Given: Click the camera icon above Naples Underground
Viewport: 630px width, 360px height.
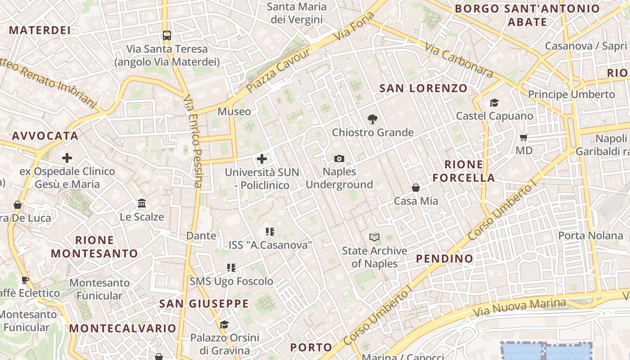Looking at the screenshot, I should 339,158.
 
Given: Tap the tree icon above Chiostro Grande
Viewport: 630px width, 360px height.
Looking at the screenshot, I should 372,119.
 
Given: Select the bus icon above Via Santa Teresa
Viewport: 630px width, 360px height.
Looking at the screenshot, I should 167,35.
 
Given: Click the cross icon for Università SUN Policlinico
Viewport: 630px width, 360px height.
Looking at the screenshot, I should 262,158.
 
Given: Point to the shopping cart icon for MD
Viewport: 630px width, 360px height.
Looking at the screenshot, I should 523,137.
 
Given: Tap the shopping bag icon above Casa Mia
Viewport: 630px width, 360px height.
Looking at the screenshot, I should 416,187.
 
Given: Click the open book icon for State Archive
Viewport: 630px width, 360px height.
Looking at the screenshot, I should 374,237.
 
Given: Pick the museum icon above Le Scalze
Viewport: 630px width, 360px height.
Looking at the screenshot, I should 142,203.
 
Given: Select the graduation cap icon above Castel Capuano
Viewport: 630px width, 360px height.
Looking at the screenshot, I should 494,103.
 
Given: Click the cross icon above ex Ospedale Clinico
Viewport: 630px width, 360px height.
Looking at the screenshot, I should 67,157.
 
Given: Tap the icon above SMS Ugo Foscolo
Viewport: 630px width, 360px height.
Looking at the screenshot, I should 231,268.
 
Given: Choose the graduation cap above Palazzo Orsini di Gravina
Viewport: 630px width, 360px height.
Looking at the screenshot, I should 224,324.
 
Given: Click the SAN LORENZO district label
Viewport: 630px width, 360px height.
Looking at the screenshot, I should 423,88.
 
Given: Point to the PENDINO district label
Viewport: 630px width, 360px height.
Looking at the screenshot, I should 445,258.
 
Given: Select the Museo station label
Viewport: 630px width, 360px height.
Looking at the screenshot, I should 234,111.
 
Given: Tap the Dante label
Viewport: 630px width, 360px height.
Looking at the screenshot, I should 201,235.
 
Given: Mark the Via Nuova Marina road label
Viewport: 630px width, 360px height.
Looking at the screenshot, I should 519,307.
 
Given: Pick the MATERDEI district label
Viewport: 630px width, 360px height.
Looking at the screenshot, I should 40,30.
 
